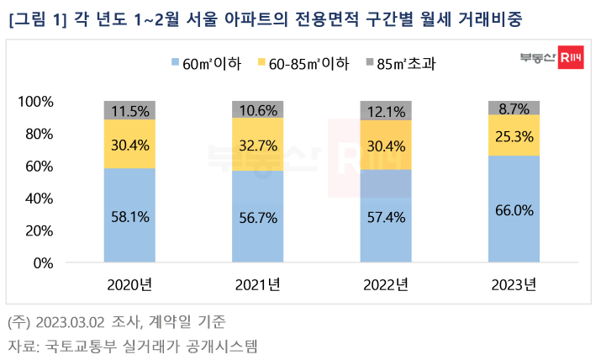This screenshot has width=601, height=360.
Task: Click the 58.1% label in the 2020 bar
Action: click(x=129, y=216)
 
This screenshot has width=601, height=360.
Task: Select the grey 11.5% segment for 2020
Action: click(x=129, y=110)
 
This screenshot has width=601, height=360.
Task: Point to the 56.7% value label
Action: click(x=258, y=217)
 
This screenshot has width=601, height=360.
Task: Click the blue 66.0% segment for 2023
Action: click(x=514, y=210)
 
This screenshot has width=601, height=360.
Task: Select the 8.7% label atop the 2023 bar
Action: click(x=514, y=108)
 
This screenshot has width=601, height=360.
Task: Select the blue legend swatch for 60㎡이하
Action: click(x=175, y=63)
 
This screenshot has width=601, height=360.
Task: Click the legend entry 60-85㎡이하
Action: click(x=305, y=63)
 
